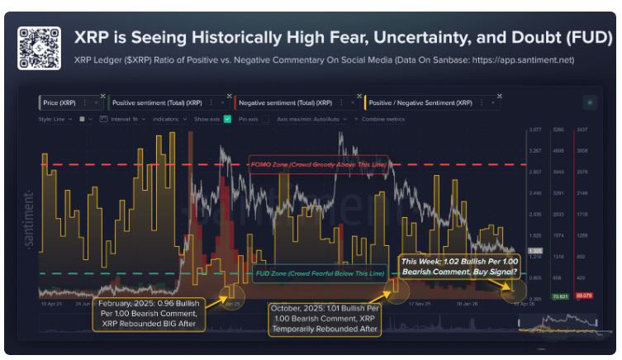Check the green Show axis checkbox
tap(228, 119)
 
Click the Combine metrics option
tap(381, 119)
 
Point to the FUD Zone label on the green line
tap(319, 272)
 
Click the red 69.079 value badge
tap(584, 295)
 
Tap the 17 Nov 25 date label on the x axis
tap(420, 303)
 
